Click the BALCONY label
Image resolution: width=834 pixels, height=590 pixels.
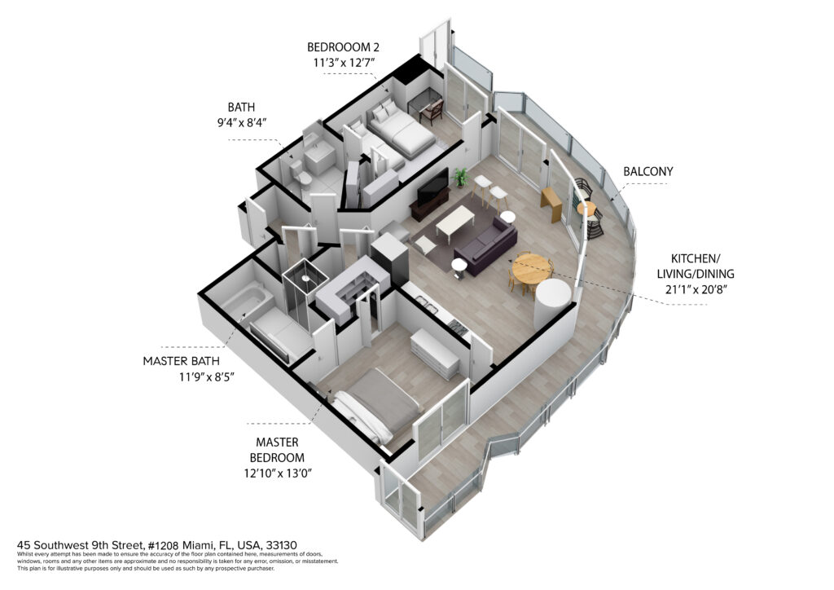[647, 171]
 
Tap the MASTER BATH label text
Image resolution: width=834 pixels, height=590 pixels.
[181, 361]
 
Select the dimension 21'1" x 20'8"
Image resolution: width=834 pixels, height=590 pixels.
[696, 290]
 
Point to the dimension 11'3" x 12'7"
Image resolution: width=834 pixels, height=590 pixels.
[344, 62]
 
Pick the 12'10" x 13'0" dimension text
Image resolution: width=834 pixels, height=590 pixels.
[278, 473]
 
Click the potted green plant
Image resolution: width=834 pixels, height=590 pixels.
[461, 177]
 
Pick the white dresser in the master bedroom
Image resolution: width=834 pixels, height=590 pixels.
[435, 354]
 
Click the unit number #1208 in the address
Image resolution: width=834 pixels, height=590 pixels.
[163, 545]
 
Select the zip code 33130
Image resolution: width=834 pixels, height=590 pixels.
[281, 545]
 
